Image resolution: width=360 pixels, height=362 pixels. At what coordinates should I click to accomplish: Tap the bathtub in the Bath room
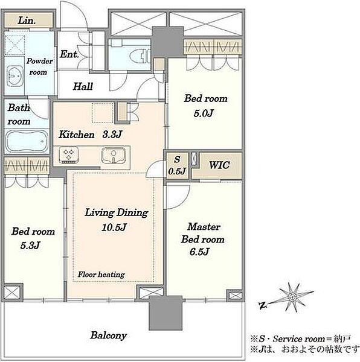[27, 141]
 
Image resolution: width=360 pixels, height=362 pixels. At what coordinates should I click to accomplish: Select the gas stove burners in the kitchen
[68, 154]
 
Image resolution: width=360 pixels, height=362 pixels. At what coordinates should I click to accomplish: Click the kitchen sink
[114, 154]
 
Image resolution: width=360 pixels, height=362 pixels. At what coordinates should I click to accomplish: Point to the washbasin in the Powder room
[14, 76]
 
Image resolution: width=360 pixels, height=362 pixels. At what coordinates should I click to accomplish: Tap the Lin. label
[27, 21]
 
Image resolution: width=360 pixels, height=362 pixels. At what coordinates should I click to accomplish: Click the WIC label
[219, 165]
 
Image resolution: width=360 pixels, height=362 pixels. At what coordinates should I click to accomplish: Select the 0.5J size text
[177, 171]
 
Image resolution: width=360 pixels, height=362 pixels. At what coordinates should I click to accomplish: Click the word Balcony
[108, 335]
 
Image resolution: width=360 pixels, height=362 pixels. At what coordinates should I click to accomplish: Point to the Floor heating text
[101, 275]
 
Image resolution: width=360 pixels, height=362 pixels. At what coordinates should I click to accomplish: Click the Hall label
[83, 86]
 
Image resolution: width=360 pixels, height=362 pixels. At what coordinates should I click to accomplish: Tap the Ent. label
[69, 54]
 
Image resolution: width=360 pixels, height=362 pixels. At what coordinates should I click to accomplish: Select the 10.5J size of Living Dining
[114, 227]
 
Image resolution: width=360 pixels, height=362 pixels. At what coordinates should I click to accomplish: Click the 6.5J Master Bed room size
[199, 252]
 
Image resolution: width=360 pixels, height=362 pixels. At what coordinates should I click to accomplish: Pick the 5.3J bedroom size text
[30, 245]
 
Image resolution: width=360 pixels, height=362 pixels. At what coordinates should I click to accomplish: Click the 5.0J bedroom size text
[204, 113]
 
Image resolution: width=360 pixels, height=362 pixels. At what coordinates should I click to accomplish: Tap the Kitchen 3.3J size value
[112, 135]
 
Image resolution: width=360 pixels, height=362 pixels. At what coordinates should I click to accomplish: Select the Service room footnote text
[301, 338]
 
